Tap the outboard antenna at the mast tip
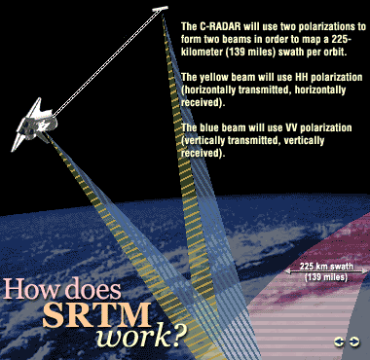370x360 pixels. (161, 13)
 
